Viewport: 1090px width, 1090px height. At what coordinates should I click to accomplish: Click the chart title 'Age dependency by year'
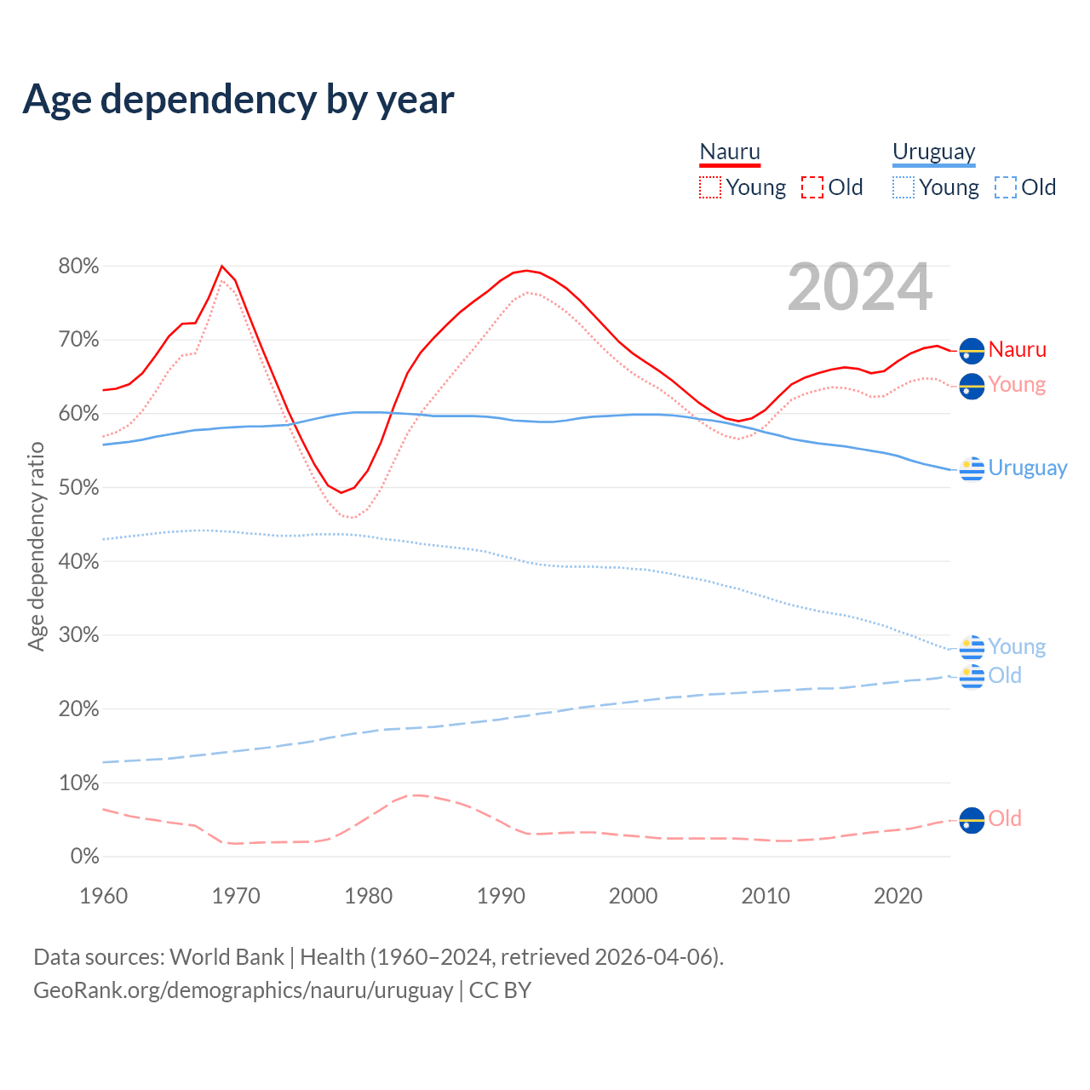238,100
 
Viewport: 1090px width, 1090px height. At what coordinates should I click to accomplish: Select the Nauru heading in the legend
730,152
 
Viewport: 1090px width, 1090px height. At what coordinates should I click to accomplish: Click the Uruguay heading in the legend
934,152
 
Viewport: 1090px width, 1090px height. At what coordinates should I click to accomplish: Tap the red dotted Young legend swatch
710,187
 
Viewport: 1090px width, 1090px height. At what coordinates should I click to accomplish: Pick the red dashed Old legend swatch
812,187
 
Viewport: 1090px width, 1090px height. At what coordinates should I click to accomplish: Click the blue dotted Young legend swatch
904,187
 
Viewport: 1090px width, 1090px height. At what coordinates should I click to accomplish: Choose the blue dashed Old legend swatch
1006,187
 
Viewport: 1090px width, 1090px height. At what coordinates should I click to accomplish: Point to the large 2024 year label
860,287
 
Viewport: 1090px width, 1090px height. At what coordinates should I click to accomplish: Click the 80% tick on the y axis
78,267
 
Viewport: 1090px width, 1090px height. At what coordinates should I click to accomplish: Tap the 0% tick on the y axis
84,857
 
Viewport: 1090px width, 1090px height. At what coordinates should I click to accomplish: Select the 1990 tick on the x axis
501,896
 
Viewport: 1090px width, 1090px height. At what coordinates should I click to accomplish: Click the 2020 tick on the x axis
898,896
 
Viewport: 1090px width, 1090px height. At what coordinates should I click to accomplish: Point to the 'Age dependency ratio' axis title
36,546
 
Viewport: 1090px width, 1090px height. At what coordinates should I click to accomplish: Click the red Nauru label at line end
1018,349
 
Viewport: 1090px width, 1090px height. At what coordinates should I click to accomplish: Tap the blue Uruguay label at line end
1028,468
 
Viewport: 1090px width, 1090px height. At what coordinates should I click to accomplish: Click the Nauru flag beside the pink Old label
972,820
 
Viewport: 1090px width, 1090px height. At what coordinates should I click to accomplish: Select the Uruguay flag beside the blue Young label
972,648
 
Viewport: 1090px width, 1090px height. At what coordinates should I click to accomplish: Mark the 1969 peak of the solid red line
222,267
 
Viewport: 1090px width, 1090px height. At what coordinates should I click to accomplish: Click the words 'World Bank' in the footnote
227,957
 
